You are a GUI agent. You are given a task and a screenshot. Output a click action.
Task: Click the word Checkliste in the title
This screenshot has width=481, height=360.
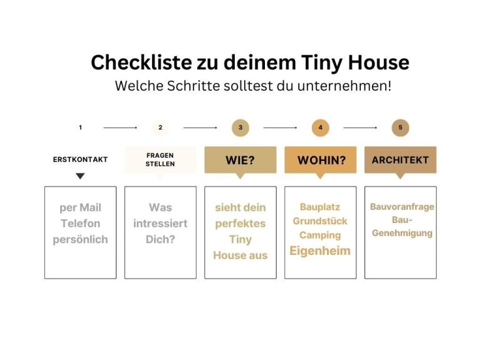pyautogui.click(x=142, y=62)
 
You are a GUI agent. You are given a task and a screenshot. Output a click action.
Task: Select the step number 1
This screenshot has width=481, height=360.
pyautogui.click(x=80, y=128)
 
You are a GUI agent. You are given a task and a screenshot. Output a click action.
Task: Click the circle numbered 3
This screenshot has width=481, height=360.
pyautogui.click(x=240, y=128)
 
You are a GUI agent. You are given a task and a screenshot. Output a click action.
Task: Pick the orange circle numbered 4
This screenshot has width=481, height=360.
pyautogui.click(x=321, y=128)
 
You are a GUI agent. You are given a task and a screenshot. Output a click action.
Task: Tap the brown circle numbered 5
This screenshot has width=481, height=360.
pyautogui.click(x=400, y=128)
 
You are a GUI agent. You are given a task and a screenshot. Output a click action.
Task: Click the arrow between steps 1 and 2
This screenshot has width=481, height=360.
pyautogui.click(x=120, y=128)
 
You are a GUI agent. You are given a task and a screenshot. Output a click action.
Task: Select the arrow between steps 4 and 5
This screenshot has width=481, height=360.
pyautogui.click(x=360, y=128)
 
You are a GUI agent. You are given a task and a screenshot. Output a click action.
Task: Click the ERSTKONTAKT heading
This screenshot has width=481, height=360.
pyautogui.click(x=80, y=160)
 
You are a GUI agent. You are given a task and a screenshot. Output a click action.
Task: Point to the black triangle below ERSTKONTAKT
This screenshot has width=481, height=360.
pyautogui.click(x=80, y=176)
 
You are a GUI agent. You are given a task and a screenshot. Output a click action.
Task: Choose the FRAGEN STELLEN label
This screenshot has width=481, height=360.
pyautogui.click(x=160, y=160)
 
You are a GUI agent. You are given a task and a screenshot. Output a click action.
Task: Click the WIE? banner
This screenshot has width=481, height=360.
pyautogui.click(x=240, y=160)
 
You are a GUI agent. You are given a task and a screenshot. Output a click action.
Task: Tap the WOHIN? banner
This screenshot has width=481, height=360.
pyautogui.click(x=321, y=160)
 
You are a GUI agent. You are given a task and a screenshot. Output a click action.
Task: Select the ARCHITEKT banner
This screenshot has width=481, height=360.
pyautogui.click(x=400, y=160)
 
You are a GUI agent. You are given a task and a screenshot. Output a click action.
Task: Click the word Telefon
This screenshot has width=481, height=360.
pyautogui.click(x=80, y=224)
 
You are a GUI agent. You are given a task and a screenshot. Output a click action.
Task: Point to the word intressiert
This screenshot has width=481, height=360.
pyautogui.click(x=160, y=224)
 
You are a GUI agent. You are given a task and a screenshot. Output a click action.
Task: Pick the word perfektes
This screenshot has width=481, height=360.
pyautogui.click(x=240, y=224)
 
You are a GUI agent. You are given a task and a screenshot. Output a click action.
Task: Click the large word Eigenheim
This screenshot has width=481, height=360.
pyautogui.click(x=320, y=251)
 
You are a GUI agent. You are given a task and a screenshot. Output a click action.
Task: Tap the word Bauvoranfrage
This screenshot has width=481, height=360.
pyautogui.click(x=402, y=207)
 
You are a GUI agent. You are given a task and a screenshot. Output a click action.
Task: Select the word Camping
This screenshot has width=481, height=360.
pyautogui.click(x=320, y=235)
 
